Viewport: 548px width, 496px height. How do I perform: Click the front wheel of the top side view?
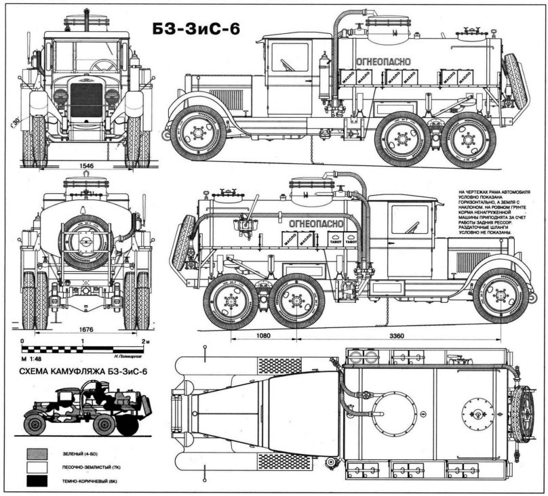click(x=198, y=132)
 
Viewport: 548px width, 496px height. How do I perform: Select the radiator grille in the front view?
click(x=85, y=99)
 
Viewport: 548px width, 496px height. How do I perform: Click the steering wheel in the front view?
click(x=103, y=65)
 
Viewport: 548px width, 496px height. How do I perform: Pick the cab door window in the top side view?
click(x=290, y=58)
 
